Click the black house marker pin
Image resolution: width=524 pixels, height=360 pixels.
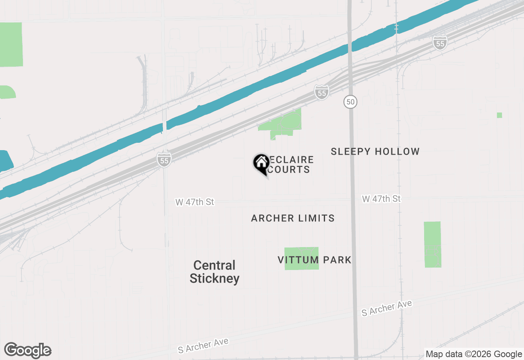pos(261,164)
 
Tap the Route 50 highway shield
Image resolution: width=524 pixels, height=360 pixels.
pos(350,102)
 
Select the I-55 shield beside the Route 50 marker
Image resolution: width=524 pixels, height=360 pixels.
pos(322,93)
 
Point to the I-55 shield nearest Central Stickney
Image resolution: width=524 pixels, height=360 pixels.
pos(164,160)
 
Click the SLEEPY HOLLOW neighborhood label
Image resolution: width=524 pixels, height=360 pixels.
pos(375,151)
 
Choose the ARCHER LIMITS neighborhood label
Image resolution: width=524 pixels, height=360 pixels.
pos(293,218)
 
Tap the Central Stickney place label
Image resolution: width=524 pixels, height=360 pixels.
pos(215,272)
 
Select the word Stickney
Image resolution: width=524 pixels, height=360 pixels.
pos(215,279)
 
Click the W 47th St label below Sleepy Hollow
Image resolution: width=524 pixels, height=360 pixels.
pos(381,199)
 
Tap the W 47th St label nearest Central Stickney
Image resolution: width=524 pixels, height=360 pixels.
pos(194,202)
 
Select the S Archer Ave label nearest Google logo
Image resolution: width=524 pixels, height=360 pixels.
pos(203,345)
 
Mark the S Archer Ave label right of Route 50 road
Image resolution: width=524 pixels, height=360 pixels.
pos(386,308)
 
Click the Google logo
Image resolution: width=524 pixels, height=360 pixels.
pos(27,351)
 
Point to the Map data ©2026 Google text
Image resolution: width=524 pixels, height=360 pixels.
pos(474,354)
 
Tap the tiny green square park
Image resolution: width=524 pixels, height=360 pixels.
pos(499,115)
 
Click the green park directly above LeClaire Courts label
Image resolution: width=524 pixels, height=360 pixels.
pos(282,124)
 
